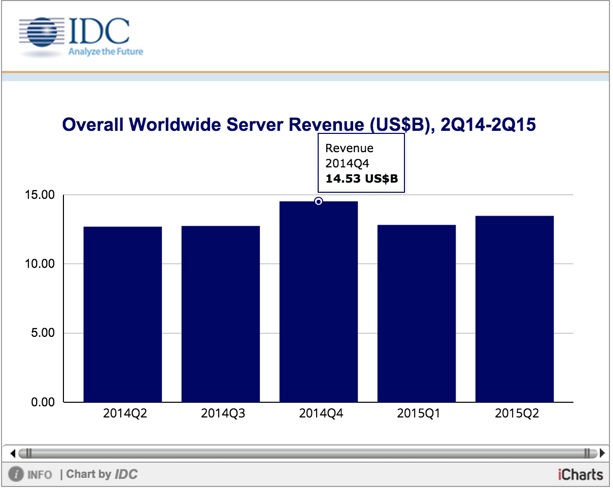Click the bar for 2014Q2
pos(122,315)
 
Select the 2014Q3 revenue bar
pos(220,315)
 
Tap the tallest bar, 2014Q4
pos(318,304)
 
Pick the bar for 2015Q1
pos(416,315)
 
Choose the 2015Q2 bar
pos(514,309)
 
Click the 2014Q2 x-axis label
pos(125,413)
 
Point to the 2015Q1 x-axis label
pos(419,413)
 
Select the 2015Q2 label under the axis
pos(517,413)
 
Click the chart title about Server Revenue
pos(299,124)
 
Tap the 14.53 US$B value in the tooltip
pos(361,179)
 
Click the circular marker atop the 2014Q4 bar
pos(318,201)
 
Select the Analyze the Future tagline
pos(106,51)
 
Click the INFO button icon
pos(17,475)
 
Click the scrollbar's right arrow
pos(602,452)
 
